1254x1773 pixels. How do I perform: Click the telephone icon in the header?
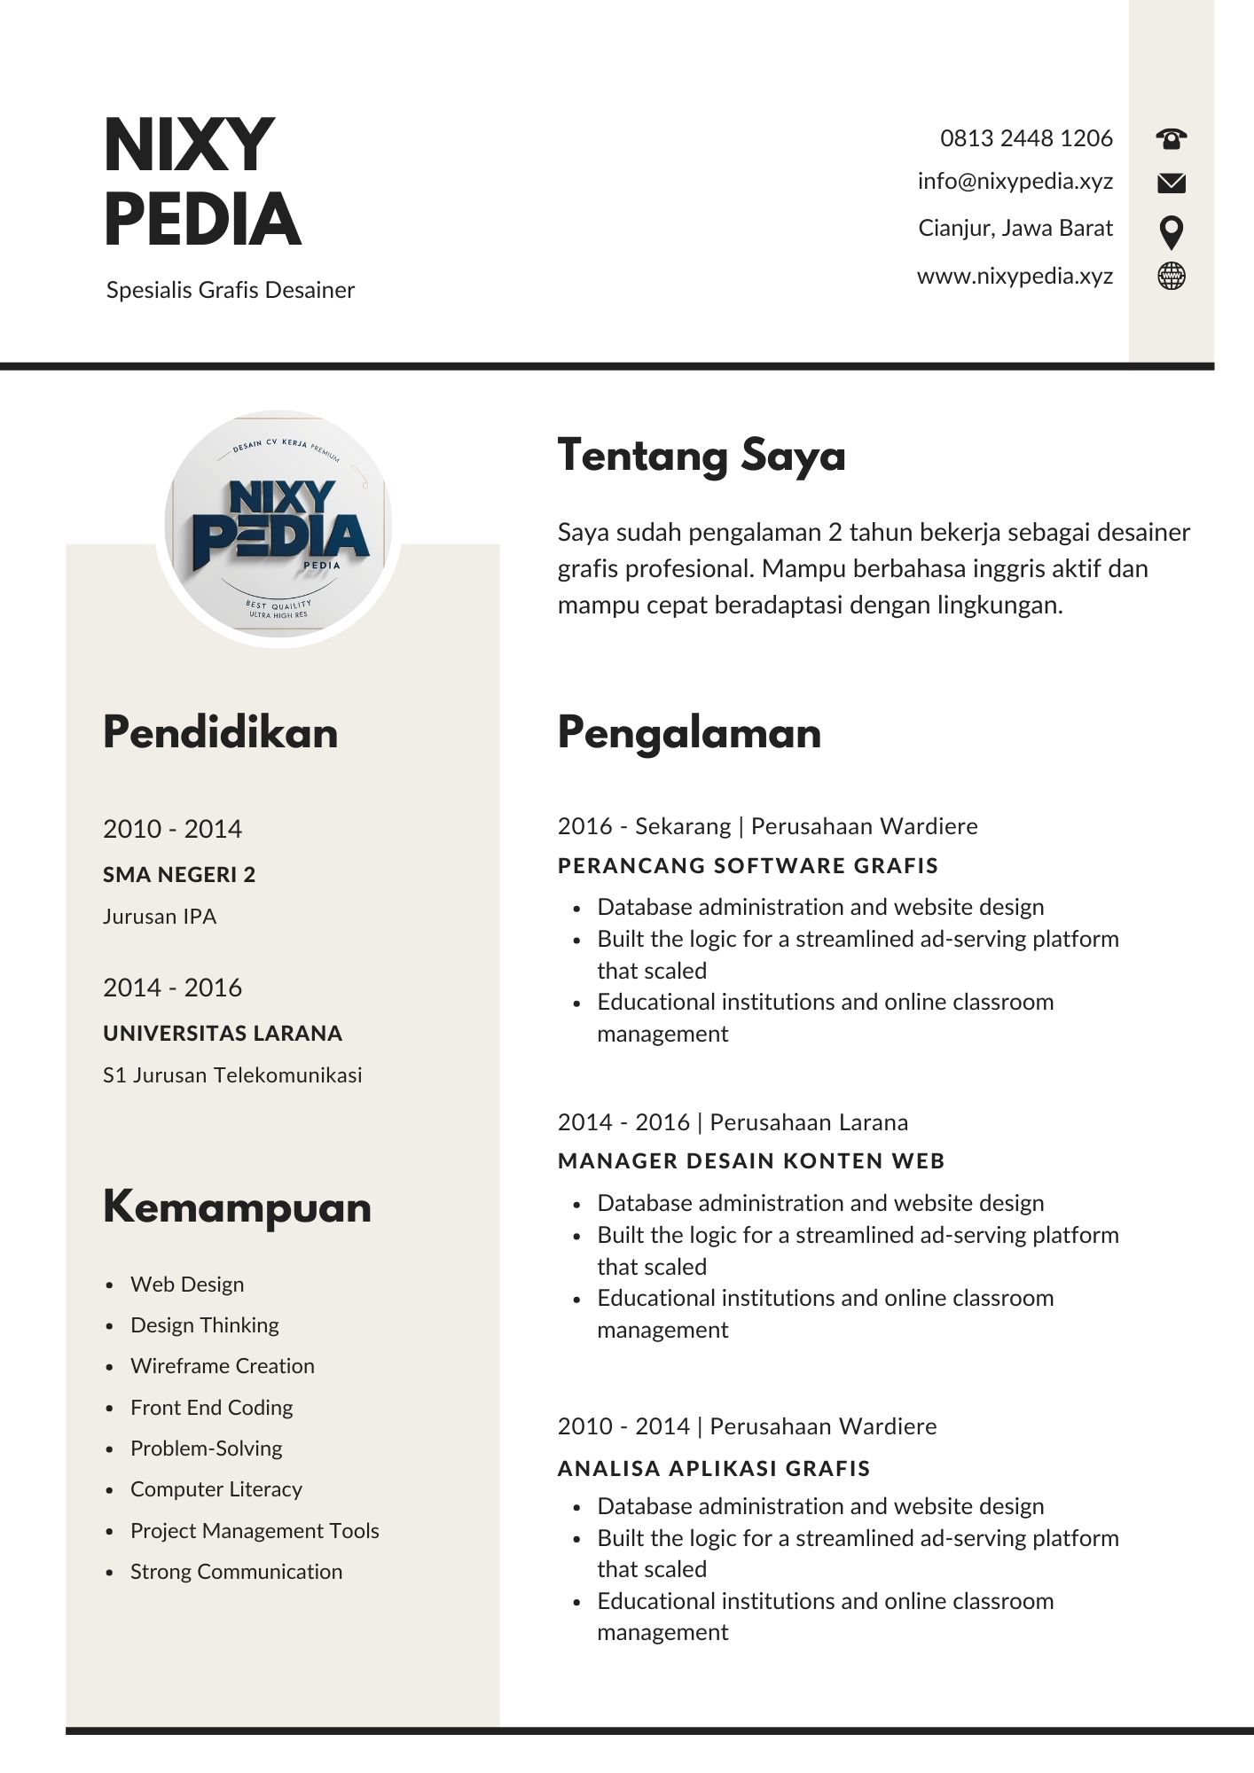(1171, 138)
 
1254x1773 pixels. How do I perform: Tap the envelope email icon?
(1171, 183)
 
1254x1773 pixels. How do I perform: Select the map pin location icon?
(1171, 232)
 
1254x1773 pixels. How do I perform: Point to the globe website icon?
(1171, 276)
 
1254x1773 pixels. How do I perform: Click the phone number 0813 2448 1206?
(1026, 138)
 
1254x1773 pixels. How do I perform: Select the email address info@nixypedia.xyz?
(1015, 182)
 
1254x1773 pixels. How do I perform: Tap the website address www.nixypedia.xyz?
(1015, 276)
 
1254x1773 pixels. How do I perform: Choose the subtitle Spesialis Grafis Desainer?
(231, 290)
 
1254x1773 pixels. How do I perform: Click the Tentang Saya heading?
(701, 456)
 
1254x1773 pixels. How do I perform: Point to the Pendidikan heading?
(220, 733)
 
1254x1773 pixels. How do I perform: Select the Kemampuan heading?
(237, 1207)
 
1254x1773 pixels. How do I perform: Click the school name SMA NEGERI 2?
(179, 875)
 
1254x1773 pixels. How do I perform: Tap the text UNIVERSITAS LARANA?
(223, 1034)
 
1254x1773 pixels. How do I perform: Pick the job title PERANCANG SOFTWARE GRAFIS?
(748, 866)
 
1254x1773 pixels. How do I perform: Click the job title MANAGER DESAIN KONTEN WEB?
(751, 1161)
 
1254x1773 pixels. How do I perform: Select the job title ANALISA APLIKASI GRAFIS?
(714, 1468)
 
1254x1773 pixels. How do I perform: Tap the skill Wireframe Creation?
(223, 1366)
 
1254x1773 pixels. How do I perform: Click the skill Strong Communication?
(236, 1572)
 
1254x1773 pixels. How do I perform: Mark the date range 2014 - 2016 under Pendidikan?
(172, 988)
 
